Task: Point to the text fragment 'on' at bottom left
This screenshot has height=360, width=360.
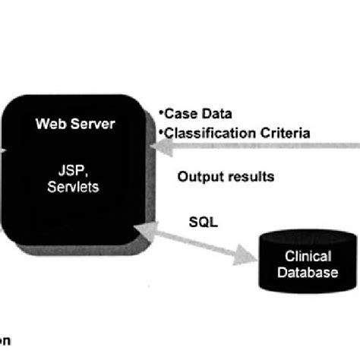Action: point(5,341)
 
